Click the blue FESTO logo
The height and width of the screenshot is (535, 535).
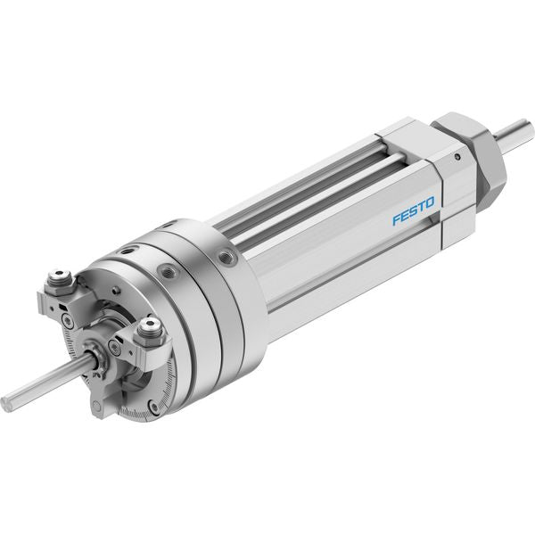coord(414,210)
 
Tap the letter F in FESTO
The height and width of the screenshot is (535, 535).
coord(397,220)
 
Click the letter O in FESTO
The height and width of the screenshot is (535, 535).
coord(430,202)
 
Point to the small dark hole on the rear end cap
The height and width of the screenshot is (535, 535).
coord(457,157)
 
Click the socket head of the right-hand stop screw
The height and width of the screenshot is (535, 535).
coord(150,323)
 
